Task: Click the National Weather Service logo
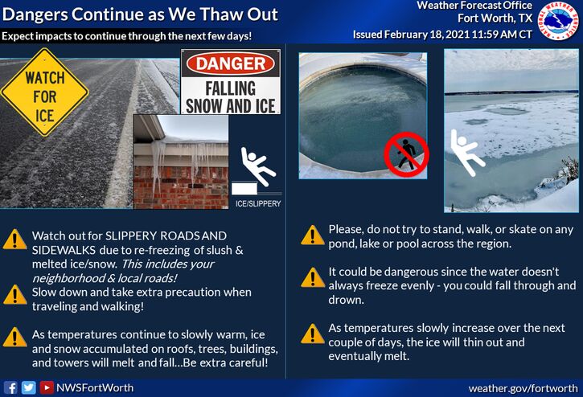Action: click(558, 20)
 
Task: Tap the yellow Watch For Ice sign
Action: click(44, 92)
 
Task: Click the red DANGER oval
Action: click(231, 64)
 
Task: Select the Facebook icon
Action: click(10, 387)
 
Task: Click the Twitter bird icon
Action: click(28, 387)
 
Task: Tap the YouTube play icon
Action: click(47, 387)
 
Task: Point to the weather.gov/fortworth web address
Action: click(523, 388)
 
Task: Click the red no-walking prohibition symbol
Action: click(406, 154)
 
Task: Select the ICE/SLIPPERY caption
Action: click(258, 203)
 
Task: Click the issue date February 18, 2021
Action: click(427, 35)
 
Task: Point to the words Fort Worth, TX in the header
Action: click(495, 18)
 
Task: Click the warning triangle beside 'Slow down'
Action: click(14, 295)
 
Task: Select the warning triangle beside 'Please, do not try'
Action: click(312, 235)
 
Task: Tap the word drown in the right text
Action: click(346, 300)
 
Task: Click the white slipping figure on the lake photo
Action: click(467, 153)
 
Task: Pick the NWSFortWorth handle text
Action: click(95, 388)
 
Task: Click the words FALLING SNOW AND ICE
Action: click(231, 97)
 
